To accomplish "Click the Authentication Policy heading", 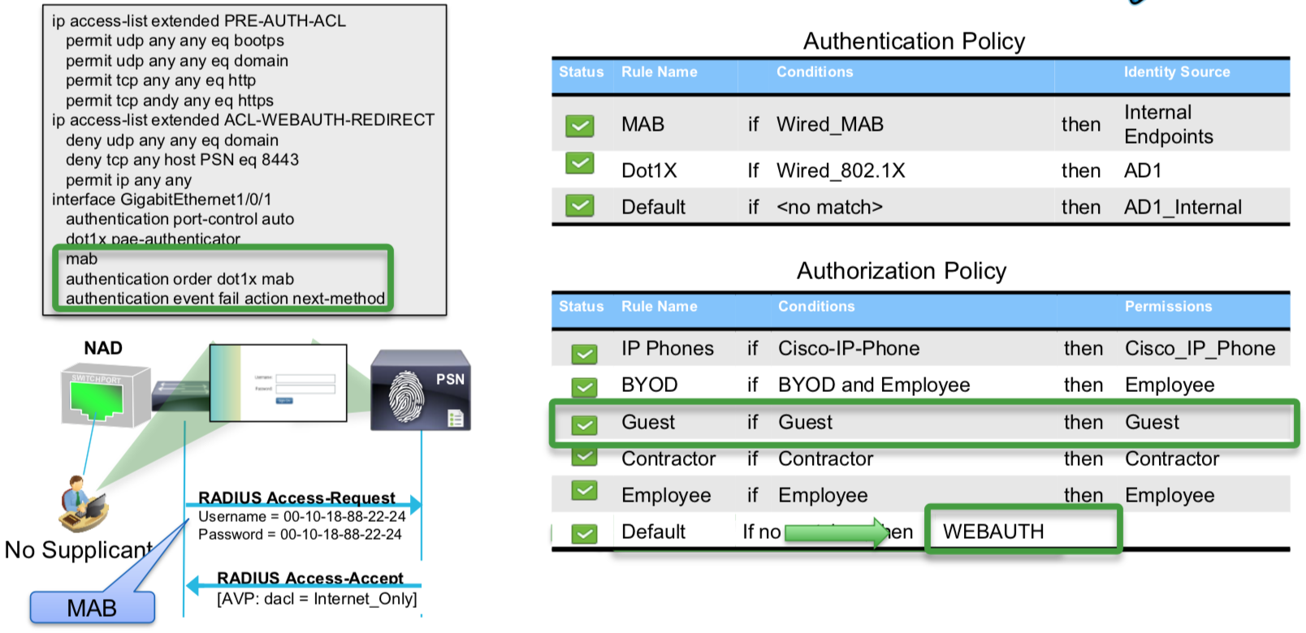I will point(914,41).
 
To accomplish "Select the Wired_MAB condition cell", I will point(829,124).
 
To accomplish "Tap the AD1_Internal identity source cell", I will point(1183,207).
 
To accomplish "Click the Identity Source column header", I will point(1176,72).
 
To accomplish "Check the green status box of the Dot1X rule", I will point(579,164).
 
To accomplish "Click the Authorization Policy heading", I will point(902,271).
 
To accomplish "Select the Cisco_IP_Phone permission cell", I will point(1200,348).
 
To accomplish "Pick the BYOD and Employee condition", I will point(873,385).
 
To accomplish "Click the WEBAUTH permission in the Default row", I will point(992,532).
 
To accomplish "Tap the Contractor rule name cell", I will point(668,459).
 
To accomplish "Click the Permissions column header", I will point(1168,307).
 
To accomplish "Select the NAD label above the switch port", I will point(103,348).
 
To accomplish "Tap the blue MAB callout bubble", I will point(92,607).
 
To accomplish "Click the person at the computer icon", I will point(83,503).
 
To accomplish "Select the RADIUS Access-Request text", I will point(296,497).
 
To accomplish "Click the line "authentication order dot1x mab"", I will point(179,279).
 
